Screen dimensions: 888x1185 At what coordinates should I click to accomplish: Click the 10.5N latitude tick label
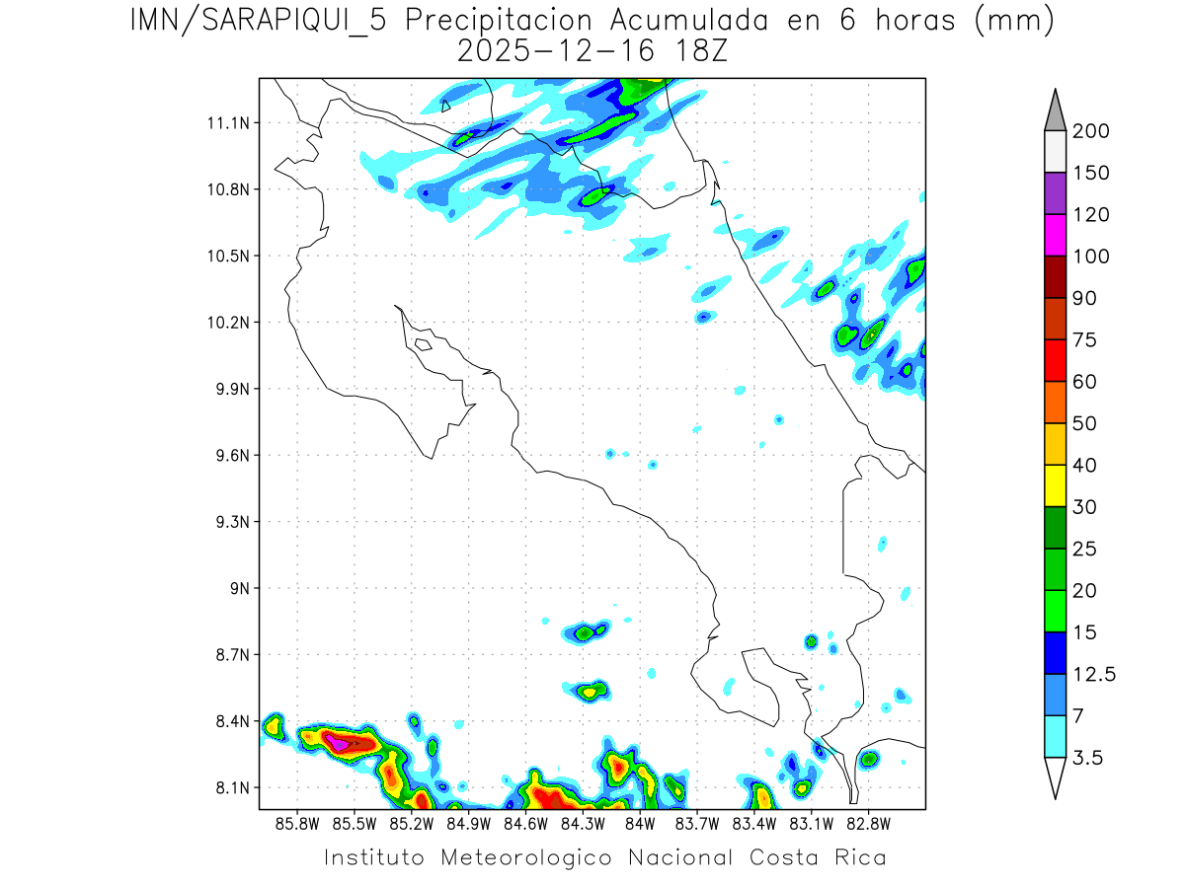pyautogui.click(x=228, y=257)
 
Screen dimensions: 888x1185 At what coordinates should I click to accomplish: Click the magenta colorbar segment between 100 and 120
pyautogui.click(x=1055, y=235)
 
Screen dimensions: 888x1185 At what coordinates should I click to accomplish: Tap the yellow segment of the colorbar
pyautogui.click(x=1055, y=484)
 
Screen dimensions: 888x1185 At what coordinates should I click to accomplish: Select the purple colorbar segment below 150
pyautogui.click(x=1055, y=193)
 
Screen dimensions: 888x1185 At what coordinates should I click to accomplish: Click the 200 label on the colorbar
pyautogui.click(x=1090, y=131)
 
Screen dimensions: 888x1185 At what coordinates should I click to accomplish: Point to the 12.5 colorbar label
pyautogui.click(x=1093, y=674)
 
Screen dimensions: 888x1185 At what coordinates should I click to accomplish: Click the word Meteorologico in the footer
pyautogui.click(x=533, y=858)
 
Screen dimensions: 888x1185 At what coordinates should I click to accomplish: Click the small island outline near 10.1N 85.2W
pyautogui.click(x=423, y=344)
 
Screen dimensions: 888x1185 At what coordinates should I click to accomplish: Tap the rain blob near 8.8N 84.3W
pyautogui.click(x=586, y=632)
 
